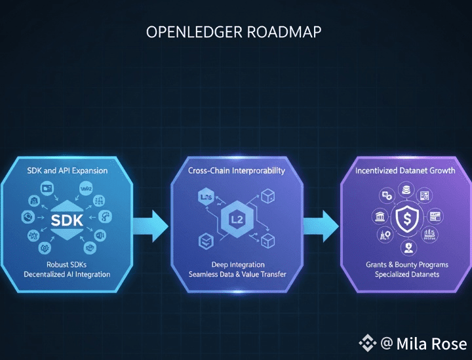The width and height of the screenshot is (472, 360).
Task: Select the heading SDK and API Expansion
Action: [68, 170]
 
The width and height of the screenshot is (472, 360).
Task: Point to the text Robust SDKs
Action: [67, 264]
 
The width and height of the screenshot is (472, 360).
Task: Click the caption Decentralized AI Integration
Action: [67, 274]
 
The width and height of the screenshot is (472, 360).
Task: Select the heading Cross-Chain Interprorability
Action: [236, 170]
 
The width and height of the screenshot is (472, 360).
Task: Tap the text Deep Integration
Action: [236, 264]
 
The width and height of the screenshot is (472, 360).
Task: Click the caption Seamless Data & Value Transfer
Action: [236, 274]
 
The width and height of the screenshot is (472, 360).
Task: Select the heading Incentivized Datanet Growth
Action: [406, 170]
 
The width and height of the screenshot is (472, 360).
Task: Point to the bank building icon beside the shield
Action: [380, 217]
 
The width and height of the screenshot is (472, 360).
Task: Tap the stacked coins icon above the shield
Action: [406, 190]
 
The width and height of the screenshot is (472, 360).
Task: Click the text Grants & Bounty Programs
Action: [406, 264]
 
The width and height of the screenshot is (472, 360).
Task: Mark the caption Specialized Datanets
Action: [406, 274]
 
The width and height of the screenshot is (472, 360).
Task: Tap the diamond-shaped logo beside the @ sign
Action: [366, 342]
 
